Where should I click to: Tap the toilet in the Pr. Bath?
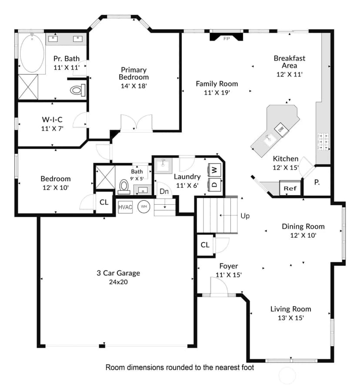tap(78, 90)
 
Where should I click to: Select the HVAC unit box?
tap(125, 207)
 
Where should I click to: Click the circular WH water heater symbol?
tap(144, 207)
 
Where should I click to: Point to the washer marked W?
tap(214, 170)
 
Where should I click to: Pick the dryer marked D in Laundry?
tap(214, 185)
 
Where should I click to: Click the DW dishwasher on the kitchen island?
tap(281, 129)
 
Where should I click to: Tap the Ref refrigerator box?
tap(290, 188)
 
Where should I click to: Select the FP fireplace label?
tap(227, 39)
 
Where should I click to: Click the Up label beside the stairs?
tap(245, 216)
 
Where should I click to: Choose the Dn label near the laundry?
tap(164, 191)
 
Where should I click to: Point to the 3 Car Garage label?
tap(118, 273)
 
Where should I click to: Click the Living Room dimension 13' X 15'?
tap(291, 318)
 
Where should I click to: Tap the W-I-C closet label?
tap(52, 119)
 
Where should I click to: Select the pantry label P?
tap(317, 182)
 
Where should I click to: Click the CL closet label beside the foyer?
tap(205, 245)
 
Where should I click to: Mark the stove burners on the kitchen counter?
tap(323, 142)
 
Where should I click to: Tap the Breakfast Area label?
tap(290, 62)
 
